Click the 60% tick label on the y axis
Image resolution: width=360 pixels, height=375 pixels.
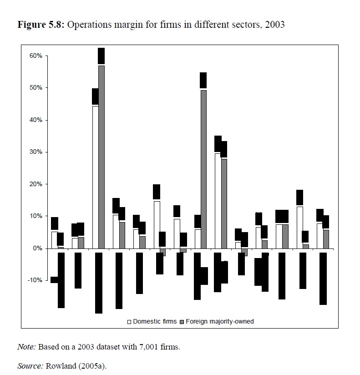coord(36,56)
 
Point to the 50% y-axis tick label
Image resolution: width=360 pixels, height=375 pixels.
coord(36,87)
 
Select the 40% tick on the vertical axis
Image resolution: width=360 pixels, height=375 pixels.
coord(36,120)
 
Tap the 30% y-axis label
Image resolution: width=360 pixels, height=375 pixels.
coord(36,152)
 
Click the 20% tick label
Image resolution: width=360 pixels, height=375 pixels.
coord(36,184)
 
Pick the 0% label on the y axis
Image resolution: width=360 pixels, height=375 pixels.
coord(38,248)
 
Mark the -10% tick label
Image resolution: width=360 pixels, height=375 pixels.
coord(35,280)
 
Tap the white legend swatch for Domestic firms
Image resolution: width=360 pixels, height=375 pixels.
coord(129,322)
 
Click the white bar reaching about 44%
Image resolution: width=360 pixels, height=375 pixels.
coord(95,177)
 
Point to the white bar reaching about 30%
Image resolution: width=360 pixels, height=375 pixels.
coord(218,200)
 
